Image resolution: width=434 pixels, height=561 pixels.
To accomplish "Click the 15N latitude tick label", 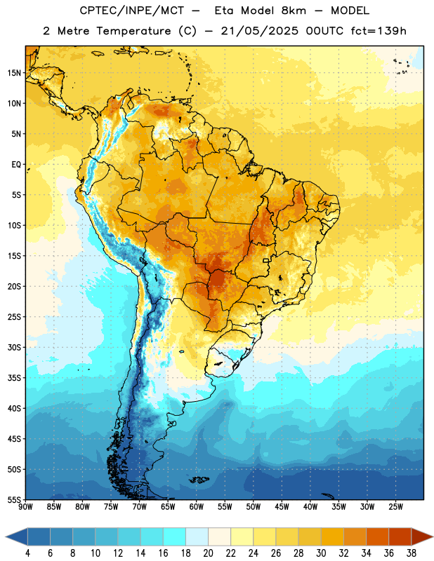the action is click(14, 73).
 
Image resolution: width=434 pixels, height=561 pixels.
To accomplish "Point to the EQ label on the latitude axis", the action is click(16, 165).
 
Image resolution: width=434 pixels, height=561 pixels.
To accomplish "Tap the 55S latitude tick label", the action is click(14, 499).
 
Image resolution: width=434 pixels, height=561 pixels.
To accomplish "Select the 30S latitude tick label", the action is click(14, 347).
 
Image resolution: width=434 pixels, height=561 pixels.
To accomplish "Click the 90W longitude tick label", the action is click(25, 506).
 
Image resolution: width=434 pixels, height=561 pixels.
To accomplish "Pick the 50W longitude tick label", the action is click(254, 506).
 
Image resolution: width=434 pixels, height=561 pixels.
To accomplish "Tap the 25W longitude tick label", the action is click(395, 506).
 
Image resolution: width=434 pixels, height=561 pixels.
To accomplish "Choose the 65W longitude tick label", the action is click(168, 506).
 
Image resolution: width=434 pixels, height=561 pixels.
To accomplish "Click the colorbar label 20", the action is click(208, 553).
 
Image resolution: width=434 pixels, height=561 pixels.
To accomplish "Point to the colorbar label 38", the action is click(412, 553).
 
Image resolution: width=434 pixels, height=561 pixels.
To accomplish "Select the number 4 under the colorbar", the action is click(27, 553).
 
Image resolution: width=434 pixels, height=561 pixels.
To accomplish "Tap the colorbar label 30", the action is click(321, 553).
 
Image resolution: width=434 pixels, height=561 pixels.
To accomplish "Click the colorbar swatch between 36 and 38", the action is click(400, 536).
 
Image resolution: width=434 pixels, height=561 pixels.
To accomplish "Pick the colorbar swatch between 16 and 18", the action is click(174, 536).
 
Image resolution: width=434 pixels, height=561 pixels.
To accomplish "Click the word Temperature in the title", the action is click(133, 31).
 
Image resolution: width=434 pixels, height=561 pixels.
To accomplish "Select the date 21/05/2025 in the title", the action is click(259, 31).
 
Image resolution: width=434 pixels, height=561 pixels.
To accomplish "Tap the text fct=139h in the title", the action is click(379, 31).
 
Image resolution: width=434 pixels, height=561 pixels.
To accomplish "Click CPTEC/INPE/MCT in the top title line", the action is click(132, 11).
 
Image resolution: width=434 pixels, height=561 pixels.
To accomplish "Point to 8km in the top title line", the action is click(294, 11).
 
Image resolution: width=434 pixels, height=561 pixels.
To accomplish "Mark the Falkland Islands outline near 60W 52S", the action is click(199, 480).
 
